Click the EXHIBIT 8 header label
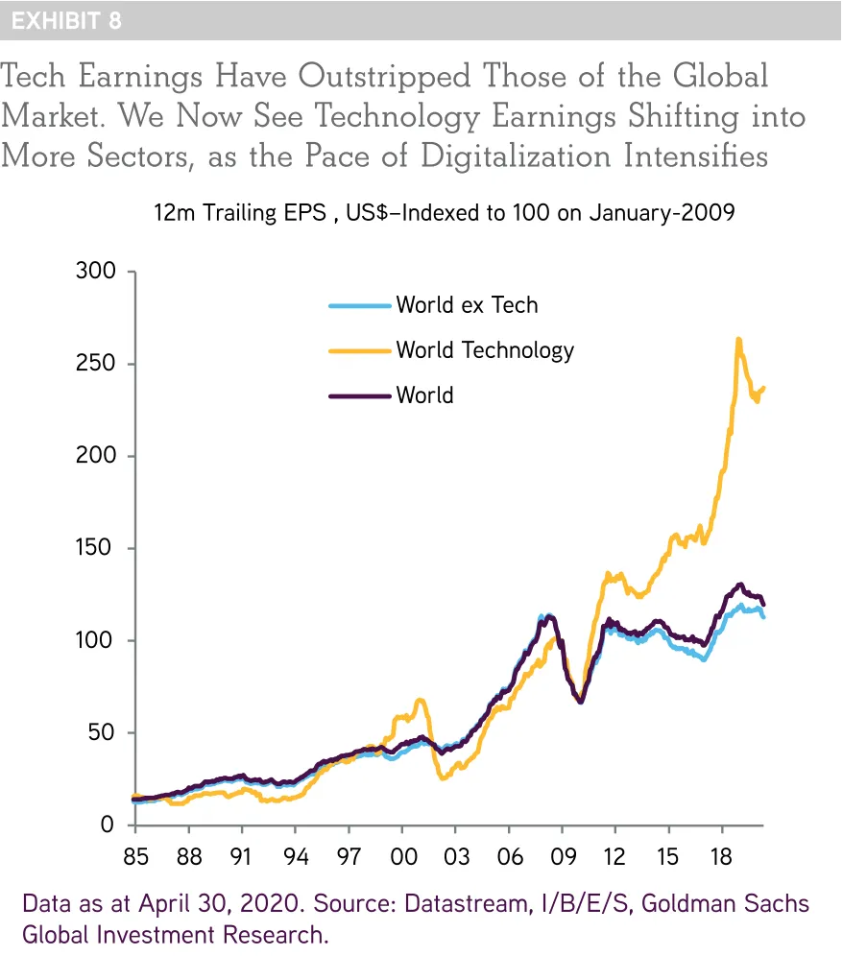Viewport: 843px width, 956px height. pos(66,20)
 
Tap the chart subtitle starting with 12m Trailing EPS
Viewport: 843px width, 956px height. pos(444,213)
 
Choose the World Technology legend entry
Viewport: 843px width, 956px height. pos(485,349)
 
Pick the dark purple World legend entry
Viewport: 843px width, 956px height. pos(424,394)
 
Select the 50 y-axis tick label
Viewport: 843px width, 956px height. pos(102,732)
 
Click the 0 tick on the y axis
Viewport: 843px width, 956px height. pos(108,825)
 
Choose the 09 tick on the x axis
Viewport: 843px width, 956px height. pos(561,855)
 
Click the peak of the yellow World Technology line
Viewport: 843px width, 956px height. pos(737,339)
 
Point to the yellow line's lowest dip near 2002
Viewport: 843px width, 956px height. pos(443,777)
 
